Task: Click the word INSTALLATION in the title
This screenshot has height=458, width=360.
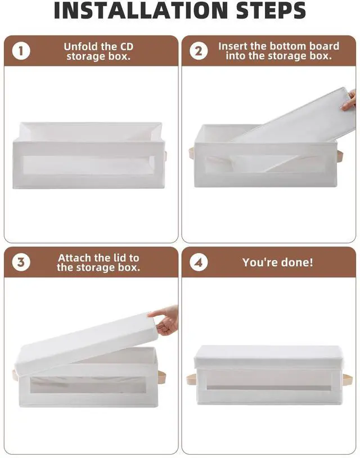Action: (141, 10)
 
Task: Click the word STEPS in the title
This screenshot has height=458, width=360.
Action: (271, 10)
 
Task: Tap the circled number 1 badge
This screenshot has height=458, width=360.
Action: (21, 51)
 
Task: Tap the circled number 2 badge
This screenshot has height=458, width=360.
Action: (199, 51)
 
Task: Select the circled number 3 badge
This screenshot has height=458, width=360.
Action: (21, 262)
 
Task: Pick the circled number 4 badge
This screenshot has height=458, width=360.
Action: (199, 262)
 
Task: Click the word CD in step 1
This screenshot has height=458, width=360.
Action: (127, 47)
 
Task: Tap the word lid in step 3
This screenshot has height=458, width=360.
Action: (118, 258)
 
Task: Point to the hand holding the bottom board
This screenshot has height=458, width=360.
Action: (349, 101)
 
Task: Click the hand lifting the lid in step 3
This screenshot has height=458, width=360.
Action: (164, 320)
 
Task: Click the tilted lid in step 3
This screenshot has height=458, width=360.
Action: (87, 345)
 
